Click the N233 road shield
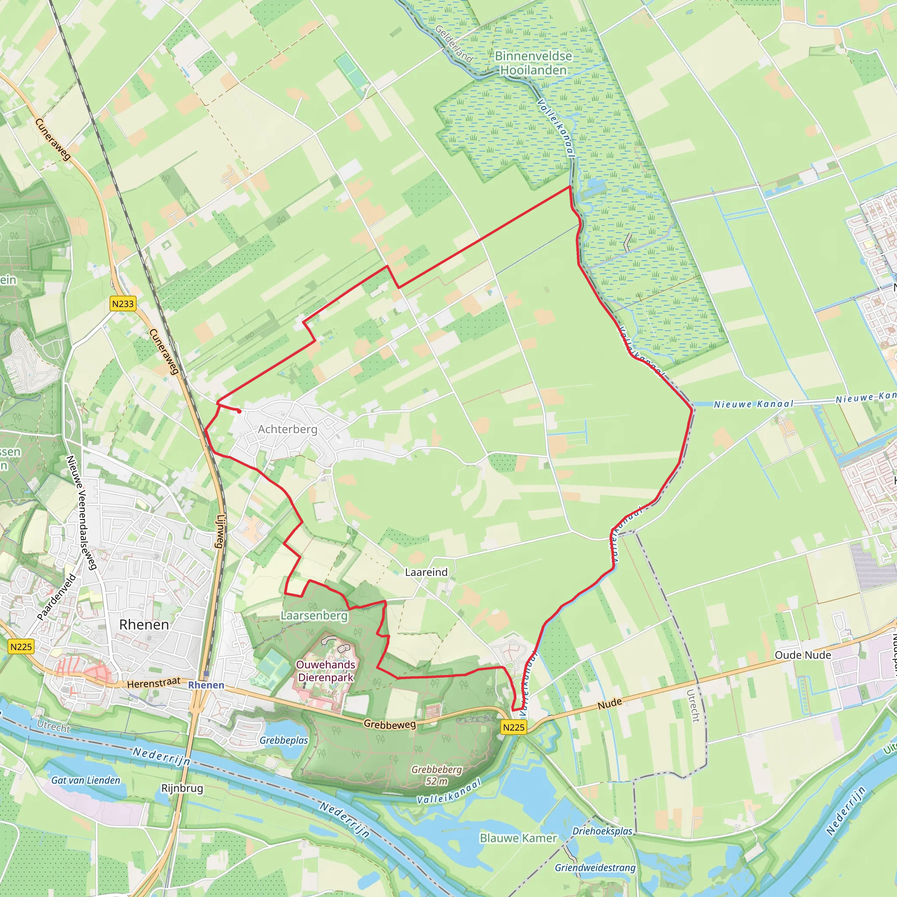click(123, 304)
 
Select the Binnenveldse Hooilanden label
click(533, 63)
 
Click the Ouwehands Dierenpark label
click(325, 671)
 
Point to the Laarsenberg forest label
click(314, 616)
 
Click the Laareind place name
click(426, 572)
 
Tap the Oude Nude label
click(803, 655)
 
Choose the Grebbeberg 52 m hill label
click(436, 775)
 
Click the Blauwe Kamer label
click(518, 838)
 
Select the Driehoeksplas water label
click(602, 830)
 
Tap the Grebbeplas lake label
click(284, 740)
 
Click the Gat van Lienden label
click(85, 780)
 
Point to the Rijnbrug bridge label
click(182, 788)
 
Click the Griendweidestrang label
click(595, 867)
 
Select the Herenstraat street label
click(154, 683)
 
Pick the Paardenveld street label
click(57, 597)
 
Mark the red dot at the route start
click(239, 411)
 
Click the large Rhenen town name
click(144, 625)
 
